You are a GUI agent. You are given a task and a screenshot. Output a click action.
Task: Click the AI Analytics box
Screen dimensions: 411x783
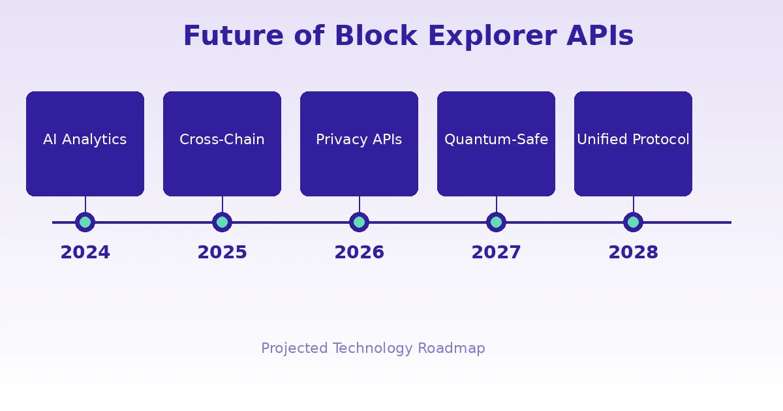click(x=85, y=144)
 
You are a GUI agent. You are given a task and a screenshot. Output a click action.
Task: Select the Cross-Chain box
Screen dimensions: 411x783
click(x=222, y=144)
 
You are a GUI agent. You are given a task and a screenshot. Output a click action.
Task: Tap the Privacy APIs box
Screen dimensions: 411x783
click(x=359, y=144)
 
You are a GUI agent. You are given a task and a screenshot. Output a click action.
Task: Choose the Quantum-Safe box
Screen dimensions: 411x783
click(x=496, y=144)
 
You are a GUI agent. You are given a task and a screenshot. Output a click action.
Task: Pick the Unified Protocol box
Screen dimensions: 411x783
click(x=633, y=144)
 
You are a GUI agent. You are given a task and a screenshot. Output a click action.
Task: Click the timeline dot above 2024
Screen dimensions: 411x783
click(x=85, y=222)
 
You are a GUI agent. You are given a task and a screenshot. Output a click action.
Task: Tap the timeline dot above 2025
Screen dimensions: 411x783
click(x=222, y=222)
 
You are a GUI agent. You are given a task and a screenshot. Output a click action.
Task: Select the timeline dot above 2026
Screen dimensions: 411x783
click(x=359, y=222)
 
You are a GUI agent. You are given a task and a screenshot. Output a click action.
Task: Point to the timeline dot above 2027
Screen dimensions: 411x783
click(x=496, y=222)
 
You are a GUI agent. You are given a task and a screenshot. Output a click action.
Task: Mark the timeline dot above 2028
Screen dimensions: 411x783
click(x=633, y=222)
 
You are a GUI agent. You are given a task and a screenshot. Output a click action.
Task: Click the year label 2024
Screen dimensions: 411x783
click(x=85, y=252)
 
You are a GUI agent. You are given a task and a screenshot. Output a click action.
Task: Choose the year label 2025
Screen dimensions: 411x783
click(x=222, y=252)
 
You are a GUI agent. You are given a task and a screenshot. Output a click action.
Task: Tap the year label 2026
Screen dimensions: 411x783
click(x=359, y=252)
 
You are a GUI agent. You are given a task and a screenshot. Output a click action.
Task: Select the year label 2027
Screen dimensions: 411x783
click(x=496, y=252)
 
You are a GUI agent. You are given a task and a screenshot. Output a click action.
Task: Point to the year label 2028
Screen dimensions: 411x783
click(x=633, y=252)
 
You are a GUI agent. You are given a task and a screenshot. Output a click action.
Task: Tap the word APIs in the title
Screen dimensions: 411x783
click(x=600, y=37)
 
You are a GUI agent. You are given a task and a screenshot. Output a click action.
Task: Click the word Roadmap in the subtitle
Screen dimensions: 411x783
click(x=451, y=348)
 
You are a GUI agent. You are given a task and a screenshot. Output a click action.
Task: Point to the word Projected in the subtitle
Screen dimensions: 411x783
click(x=294, y=348)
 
